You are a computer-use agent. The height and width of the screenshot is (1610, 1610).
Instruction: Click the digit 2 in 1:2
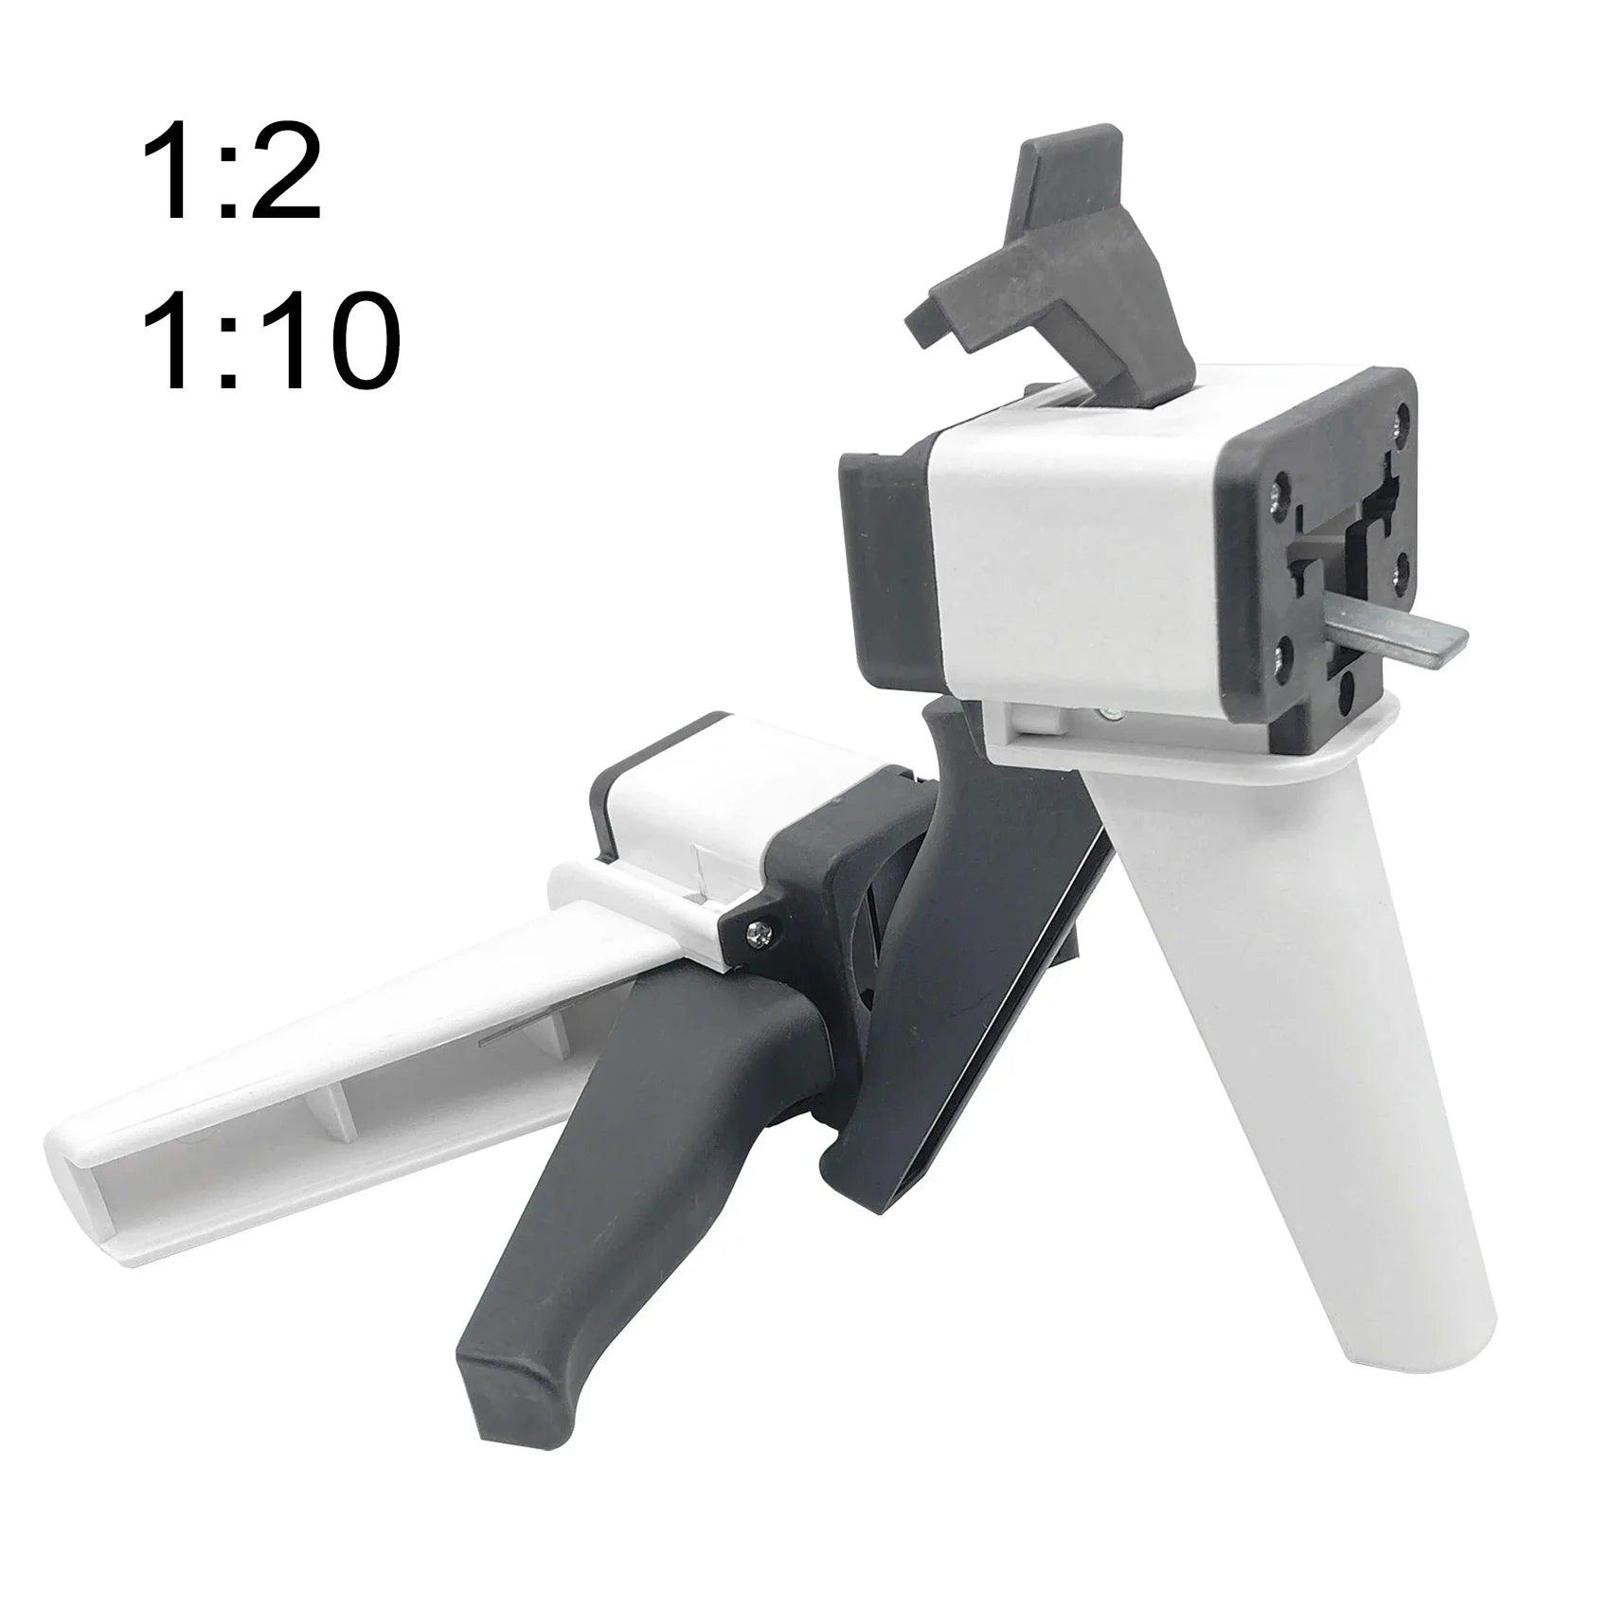coord(281,176)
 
